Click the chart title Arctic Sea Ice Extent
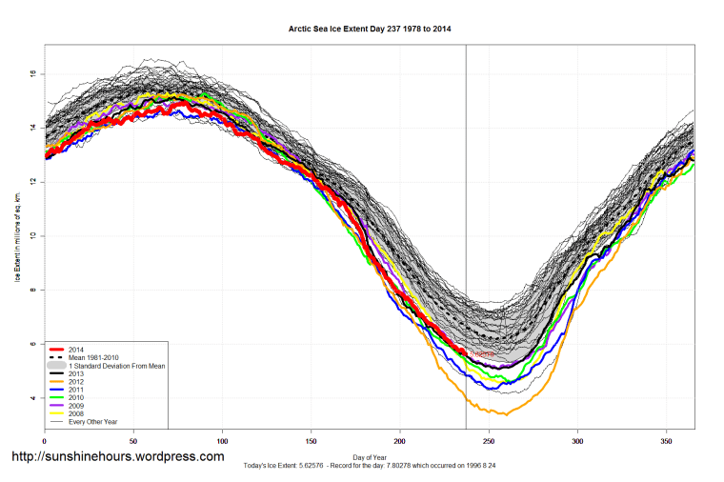click(x=370, y=30)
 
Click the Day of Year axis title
click(x=369, y=456)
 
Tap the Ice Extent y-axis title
click(x=16, y=235)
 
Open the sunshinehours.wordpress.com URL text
click(x=118, y=457)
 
